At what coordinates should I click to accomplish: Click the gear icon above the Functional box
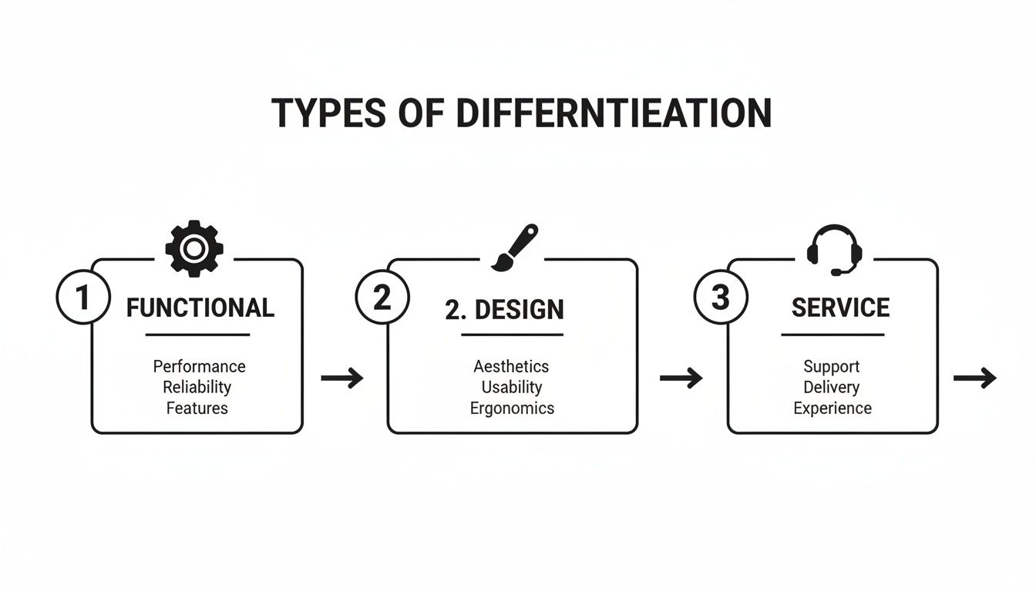194,247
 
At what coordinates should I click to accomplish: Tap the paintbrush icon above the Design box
514,247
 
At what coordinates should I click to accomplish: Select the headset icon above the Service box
834,249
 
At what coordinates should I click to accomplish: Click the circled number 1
82,298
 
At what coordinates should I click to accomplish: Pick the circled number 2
381,298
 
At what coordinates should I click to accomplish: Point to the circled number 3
719,298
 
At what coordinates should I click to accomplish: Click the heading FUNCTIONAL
200,308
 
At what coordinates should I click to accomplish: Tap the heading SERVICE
840,308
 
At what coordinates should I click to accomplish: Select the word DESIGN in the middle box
519,310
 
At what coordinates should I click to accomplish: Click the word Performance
199,366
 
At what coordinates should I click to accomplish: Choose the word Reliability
197,387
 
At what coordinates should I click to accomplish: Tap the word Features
197,408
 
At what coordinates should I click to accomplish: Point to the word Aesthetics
511,366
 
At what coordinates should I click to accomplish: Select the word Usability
512,387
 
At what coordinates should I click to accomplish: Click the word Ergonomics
512,408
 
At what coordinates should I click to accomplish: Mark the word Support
831,366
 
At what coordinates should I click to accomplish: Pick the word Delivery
831,387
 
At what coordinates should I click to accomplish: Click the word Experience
832,408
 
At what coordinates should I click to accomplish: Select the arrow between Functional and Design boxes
342,378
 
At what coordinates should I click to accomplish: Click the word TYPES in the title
328,113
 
